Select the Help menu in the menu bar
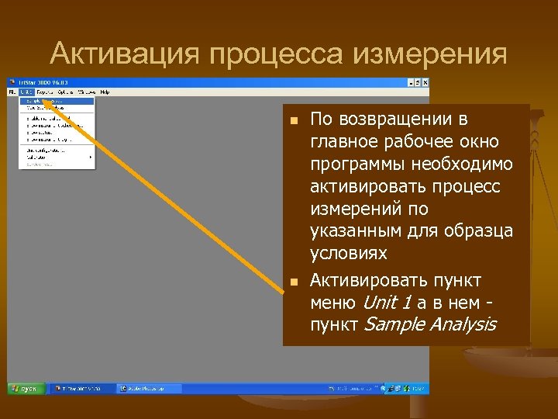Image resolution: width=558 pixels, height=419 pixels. [x=105, y=92]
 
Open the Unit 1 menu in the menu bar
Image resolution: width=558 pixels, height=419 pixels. [x=27, y=92]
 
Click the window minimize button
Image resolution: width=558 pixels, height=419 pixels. [x=412, y=82]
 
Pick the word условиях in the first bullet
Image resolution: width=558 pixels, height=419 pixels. [x=347, y=255]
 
